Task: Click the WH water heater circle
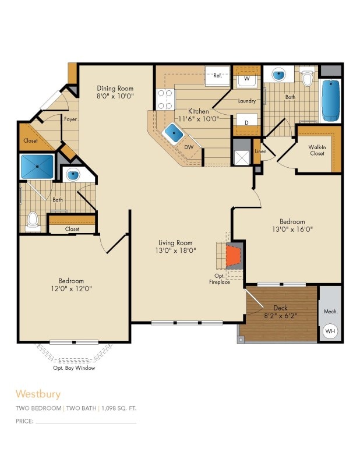point(330,331)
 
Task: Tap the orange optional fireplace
point(234,254)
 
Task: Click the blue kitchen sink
point(173,133)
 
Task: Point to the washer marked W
point(247,78)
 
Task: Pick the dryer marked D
point(247,123)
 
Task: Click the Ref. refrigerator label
point(218,76)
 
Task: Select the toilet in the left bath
point(33,220)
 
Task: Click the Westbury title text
point(38,394)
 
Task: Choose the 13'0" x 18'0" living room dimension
point(176,250)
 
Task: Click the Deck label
point(281,308)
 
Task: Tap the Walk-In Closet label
point(317,150)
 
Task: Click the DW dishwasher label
point(188,147)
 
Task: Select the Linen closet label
point(260,151)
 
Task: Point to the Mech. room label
point(330,312)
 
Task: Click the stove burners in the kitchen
point(164,99)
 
